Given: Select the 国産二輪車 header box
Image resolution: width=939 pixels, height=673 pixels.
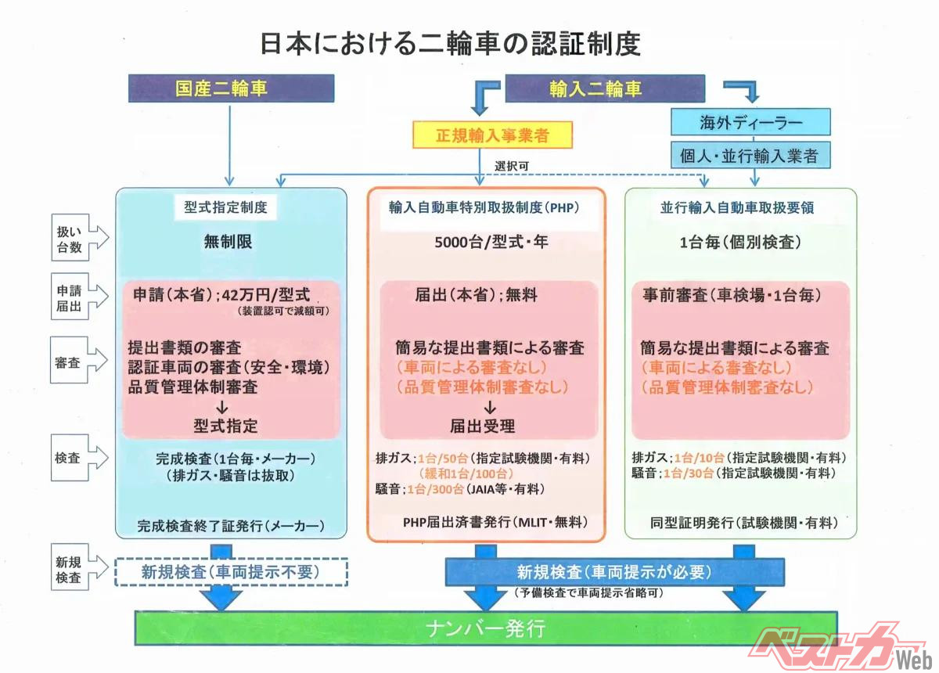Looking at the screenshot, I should (232, 88).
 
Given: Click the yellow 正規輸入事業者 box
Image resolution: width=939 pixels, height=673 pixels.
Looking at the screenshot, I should (492, 135).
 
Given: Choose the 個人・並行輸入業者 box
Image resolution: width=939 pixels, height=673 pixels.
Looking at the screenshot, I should (750, 155).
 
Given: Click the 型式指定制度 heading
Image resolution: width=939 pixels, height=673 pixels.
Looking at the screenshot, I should (230, 208).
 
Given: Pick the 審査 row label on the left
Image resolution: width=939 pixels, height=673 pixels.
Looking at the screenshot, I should (78, 363).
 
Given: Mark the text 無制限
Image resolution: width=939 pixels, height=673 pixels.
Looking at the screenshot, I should (230, 242).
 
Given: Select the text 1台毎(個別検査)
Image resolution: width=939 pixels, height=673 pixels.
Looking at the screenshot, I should (739, 242).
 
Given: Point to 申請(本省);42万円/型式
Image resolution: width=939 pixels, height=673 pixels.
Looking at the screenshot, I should (221, 296).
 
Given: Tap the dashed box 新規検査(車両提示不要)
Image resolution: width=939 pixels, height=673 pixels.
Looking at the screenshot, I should (231, 572).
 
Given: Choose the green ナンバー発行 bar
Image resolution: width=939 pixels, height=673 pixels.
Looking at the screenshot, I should (485, 628).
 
